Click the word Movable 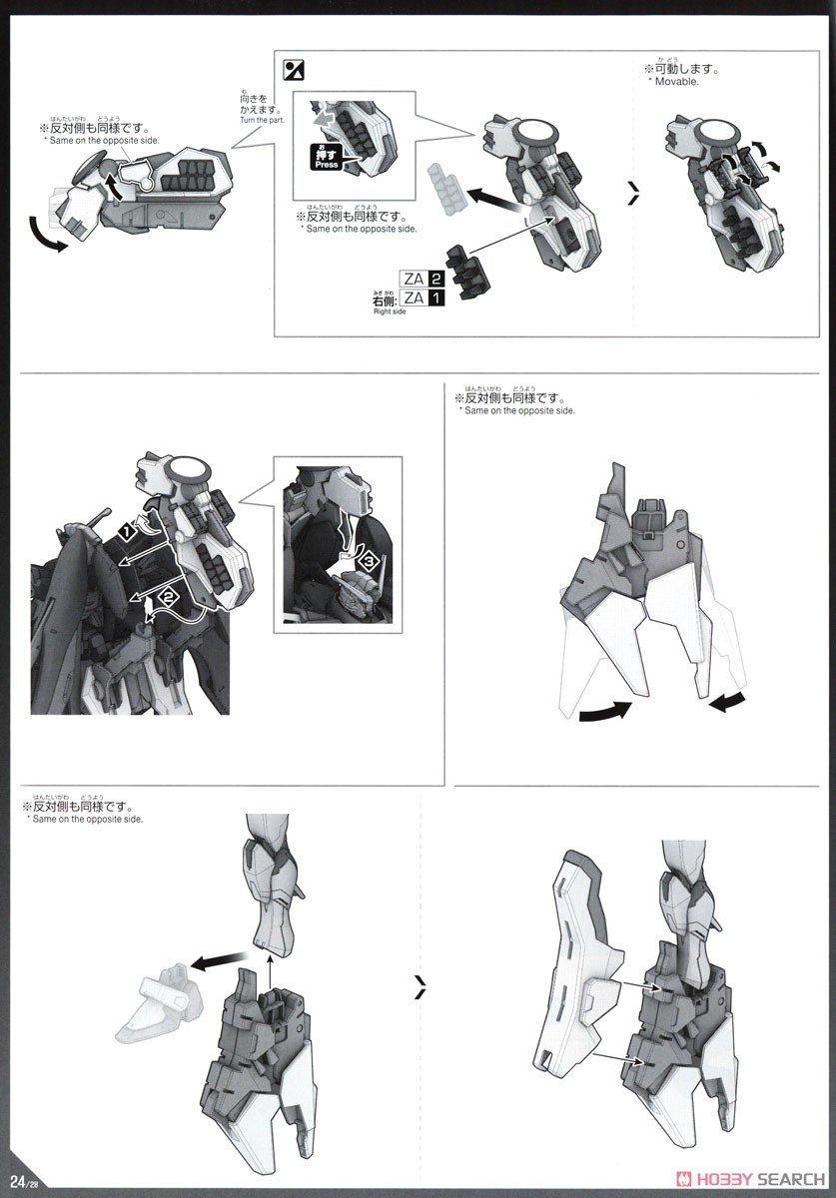pyautogui.click(x=678, y=82)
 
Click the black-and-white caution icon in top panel pyautogui.click(x=294, y=70)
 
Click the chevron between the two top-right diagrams pyautogui.click(x=632, y=196)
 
